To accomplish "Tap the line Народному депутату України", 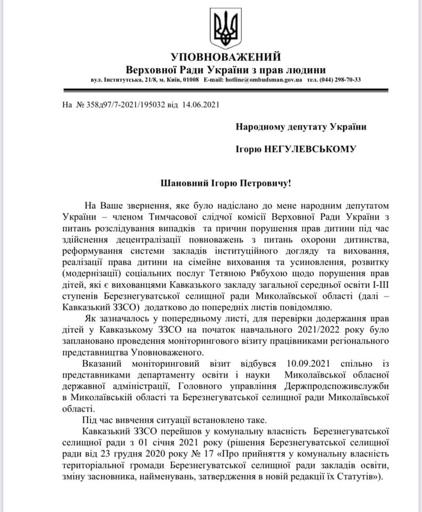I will [x=302, y=126].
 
